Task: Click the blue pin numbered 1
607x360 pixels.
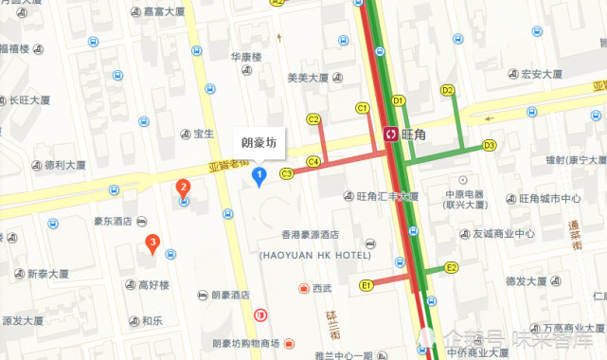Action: coord(257,174)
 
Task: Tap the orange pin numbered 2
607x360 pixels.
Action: coord(183,188)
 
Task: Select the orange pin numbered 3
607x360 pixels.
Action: coord(152,243)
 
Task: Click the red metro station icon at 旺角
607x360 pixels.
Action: coord(390,135)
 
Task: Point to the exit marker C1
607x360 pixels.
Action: coord(362,109)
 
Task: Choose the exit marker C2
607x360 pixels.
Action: coord(313,118)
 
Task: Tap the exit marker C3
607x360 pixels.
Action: coord(286,173)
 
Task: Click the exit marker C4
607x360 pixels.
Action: coord(312,162)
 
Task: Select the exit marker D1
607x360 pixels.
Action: coord(398,100)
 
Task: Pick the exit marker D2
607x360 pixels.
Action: coord(448,90)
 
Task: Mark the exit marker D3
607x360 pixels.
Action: coord(489,145)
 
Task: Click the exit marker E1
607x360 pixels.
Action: coord(366,284)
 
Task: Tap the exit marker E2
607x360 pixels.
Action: coord(452,268)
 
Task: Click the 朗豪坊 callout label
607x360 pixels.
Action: coord(259,143)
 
